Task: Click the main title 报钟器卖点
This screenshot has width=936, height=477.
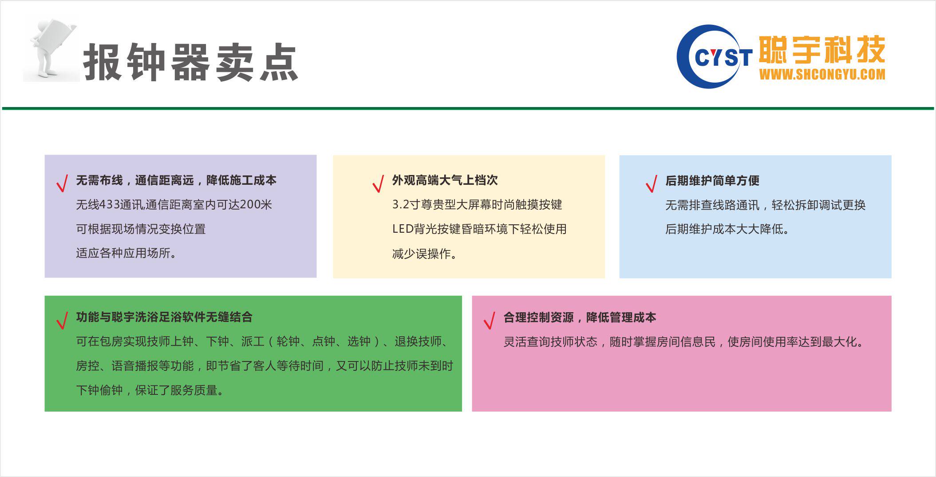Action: pyautogui.click(x=191, y=62)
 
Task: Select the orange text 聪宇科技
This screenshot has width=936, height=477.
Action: pyautogui.click(x=822, y=50)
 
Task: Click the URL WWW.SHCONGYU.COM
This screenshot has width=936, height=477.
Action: pyautogui.click(x=822, y=74)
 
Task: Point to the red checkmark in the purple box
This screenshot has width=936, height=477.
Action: pyautogui.click(x=62, y=183)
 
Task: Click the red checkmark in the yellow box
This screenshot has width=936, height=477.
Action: pyautogui.click(x=378, y=183)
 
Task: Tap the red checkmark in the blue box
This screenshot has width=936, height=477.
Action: pyautogui.click(x=652, y=183)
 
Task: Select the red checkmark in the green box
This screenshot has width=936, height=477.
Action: pyautogui.click(x=62, y=320)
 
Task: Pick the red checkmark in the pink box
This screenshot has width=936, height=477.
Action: pyautogui.click(x=490, y=320)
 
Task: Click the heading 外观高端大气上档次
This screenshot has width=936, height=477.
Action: pyautogui.click(x=445, y=180)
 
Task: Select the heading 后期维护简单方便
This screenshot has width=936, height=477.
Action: pyautogui.click(x=712, y=180)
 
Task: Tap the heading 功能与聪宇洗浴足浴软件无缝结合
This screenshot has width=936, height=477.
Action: pyautogui.click(x=164, y=317)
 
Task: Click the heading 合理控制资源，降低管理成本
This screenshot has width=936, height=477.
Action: pyautogui.click(x=580, y=317)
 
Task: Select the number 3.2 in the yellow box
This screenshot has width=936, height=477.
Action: pyautogui.click(x=400, y=204)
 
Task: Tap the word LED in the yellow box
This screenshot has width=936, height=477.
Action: pyautogui.click(x=403, y=229)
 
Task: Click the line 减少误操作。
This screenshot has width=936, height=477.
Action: pyautogui.click(x=424, y=254)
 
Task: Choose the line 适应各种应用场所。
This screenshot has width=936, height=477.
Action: pyautogui.click(x=126, y=253)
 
